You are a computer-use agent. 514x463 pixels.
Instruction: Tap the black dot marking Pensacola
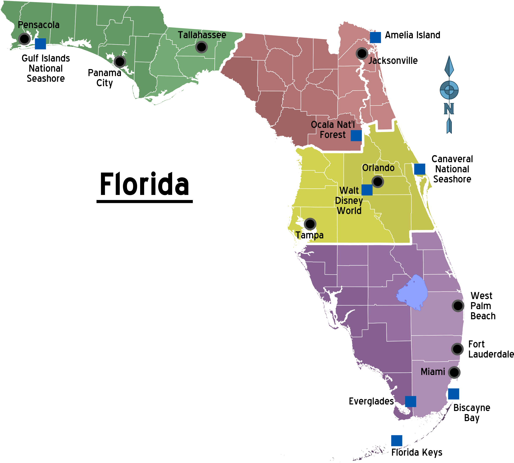point(24,39)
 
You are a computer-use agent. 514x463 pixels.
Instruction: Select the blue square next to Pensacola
point(40,44)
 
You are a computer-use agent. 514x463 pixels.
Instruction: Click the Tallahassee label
point(202,35)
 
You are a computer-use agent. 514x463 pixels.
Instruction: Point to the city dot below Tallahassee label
point(201,47)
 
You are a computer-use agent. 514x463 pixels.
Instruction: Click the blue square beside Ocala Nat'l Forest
point(356,136)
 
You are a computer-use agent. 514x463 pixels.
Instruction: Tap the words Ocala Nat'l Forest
point(333,130)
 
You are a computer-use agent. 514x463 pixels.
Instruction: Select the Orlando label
point(378,168)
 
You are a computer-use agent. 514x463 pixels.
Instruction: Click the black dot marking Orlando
point(377,182)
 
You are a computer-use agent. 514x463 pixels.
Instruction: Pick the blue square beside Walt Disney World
point(367,190)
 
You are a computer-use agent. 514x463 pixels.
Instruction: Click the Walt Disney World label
point(349,200)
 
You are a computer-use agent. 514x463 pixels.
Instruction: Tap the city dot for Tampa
point(310,224)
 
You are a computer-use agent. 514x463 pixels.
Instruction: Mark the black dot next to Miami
point(454,372)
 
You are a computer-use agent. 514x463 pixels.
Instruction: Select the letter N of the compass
point(449,109)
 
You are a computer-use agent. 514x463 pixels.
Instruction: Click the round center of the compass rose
point(449,90)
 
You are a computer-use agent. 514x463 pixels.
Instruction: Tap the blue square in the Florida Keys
point(397,441)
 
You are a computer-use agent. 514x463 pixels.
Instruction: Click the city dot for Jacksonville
point(362,53)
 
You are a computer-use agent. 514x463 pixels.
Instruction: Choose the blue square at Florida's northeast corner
point(375,38)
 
